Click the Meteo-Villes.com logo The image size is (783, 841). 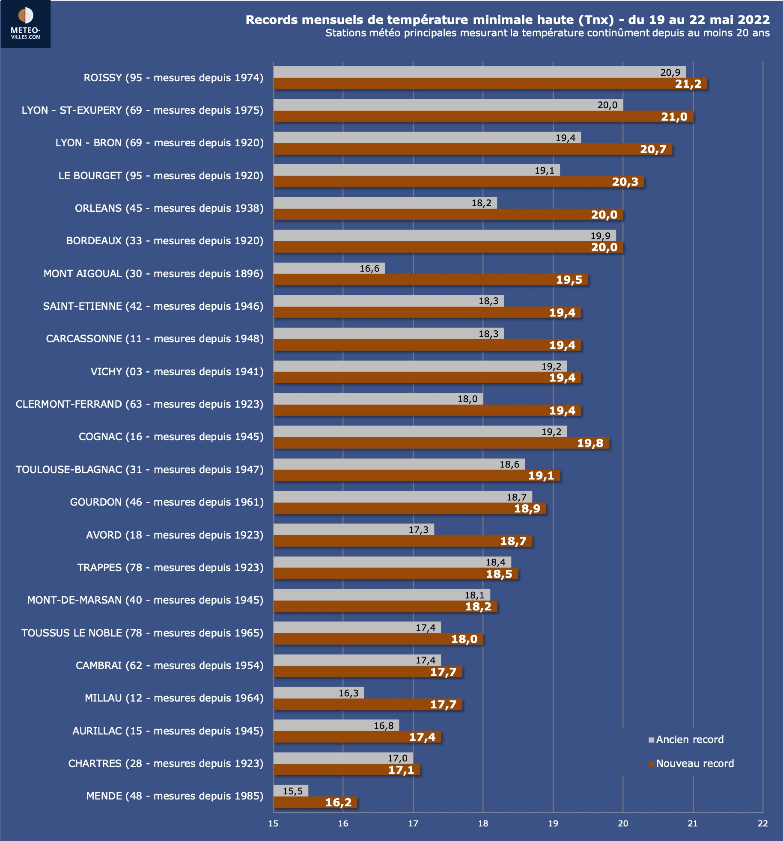click(x=26, y=24)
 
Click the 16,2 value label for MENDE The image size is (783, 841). click(x=338, y=803)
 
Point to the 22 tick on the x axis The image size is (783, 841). click(x=762, y=823)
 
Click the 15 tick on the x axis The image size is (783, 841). click(x=273, y=823)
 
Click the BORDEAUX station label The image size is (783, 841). click(x=165, y=241)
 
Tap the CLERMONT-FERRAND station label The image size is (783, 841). click(x=140, y=404)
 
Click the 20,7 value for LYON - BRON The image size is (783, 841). click(x=653, y=149)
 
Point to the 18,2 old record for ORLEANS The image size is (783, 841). click(x=481, y=203)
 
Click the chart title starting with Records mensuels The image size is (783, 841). click(x=507, y=20)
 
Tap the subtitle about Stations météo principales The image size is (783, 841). click(x=547, y=33)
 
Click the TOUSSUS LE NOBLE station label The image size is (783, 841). click(x=143, y=633)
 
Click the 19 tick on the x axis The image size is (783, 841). click(x=553, y=823)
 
